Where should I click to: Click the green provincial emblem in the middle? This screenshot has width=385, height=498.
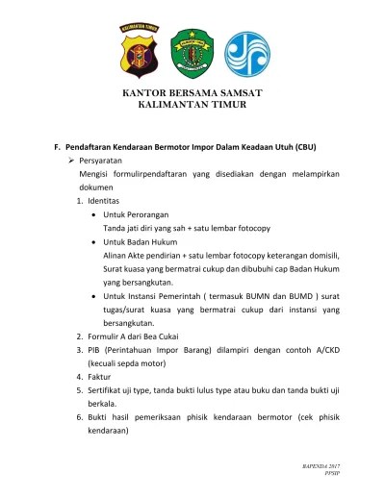[192, 54]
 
